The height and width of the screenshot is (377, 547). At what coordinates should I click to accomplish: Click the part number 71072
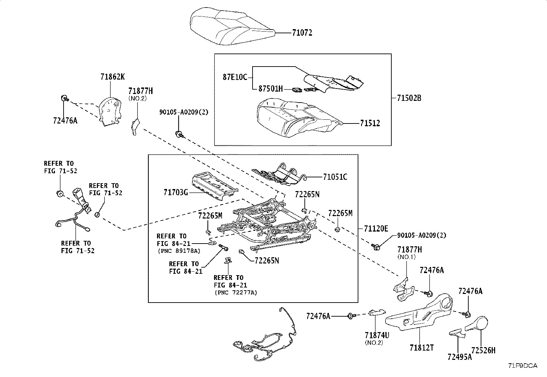[302, 33]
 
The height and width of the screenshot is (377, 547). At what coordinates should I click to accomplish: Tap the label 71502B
[409, 98]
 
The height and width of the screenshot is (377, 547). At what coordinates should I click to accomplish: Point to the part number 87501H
[270, 89]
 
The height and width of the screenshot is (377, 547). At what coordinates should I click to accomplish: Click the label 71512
[370, 123]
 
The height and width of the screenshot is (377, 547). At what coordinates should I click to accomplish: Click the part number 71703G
[176, 193]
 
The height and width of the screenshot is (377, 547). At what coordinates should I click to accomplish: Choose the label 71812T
[421, 348]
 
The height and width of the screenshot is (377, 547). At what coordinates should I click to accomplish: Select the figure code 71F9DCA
[522, 366]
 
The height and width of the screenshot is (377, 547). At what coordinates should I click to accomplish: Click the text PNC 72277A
[235, 293]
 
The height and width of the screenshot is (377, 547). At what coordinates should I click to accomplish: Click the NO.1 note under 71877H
[406, 257]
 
